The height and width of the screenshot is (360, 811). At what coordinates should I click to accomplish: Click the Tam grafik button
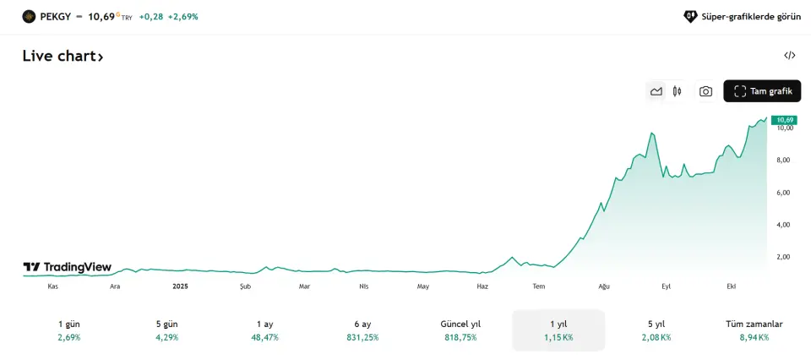[x=762, y=91]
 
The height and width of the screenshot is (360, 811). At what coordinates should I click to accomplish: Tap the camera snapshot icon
[x=705, y=91]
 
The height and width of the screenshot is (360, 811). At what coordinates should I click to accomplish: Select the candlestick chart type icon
[x=678, y=91]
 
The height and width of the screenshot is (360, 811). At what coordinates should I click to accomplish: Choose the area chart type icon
[x=656, y=91]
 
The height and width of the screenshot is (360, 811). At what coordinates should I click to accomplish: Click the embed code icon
[x=790, y=56]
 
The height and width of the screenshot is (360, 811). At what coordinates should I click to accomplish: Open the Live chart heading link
[x=63, y=57]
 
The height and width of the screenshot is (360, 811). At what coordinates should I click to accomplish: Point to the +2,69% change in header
[x=182, y=16]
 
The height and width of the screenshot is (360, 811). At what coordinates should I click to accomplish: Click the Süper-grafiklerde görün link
[x=743, y=16]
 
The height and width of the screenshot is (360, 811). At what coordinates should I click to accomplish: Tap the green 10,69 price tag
[x=785, y=120]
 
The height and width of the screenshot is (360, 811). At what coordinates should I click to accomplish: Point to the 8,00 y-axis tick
[x=783, y=160]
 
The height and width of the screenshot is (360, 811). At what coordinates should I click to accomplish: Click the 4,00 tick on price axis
[x=783, y=225]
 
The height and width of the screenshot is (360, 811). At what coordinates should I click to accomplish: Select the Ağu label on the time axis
[x=604, y=286]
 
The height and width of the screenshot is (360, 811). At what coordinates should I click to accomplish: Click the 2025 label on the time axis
[x=180, y=286]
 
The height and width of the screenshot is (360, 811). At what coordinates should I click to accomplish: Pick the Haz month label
[x=482, y=286]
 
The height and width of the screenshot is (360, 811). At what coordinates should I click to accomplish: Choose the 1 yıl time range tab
[x=558, y=330]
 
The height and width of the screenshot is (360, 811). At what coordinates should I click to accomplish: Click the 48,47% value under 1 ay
[x=264, y=337]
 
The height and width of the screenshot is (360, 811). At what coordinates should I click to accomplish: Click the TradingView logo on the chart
[x=68, y=267]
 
